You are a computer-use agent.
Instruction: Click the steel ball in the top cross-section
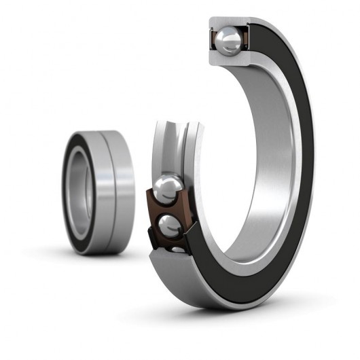pos(228,40)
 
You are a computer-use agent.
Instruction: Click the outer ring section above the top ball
pos(228,22)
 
